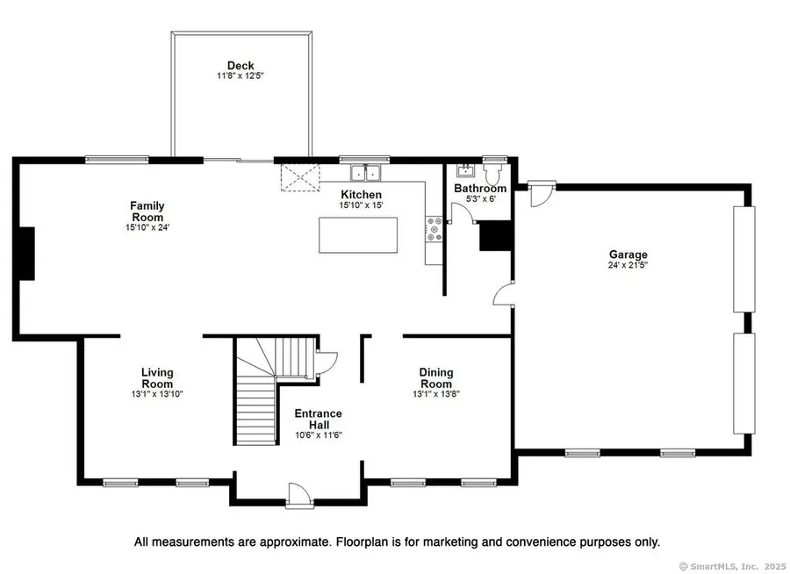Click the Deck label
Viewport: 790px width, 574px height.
pos(241,65)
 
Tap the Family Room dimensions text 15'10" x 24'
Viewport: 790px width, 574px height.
pos(147,228)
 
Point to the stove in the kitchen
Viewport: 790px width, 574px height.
pos(432,230)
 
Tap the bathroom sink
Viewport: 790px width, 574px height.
pos(465,169)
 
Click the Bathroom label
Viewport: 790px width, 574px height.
pos(479,189)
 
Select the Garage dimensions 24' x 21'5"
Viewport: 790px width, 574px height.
pos(628,265)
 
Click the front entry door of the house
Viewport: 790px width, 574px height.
pos(298,496)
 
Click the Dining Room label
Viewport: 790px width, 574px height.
pos(435,378)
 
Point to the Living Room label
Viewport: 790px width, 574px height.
pos(157,378)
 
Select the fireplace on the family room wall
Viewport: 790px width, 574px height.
pos(27,253)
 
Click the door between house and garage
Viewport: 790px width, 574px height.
pos(504,295)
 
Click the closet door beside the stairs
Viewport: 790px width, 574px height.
pos(326,361)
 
